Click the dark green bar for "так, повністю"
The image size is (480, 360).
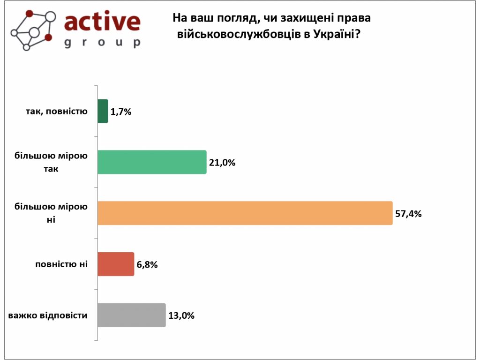click(x=103, y=111)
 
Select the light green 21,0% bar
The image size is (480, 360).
click(x=152, y=162)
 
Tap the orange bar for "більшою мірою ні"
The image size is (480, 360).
click(x=245, y=213)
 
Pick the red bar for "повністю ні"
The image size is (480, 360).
click(x=116, y=264)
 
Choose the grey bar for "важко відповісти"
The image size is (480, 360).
click(x=131, y=315)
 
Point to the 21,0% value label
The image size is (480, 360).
click(x=222, y=163)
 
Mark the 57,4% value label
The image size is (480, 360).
click(x=409, y=214)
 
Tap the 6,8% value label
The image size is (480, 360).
click(x=147, y=264)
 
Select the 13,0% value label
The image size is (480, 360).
click(x=181, y=315)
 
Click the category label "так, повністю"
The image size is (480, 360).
click(x=56, y=112)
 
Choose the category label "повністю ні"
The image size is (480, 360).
click(x=61, y=264)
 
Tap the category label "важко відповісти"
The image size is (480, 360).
click(x=48, y=315)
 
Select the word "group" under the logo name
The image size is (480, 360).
click(x=102, y=43)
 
